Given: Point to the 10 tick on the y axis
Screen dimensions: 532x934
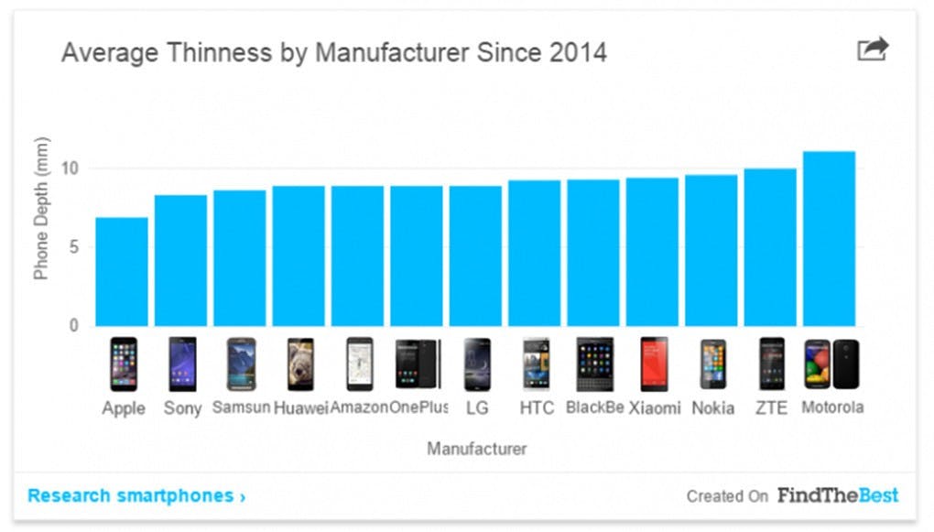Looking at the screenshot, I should pos(71,168).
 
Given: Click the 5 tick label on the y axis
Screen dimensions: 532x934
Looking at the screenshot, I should pos(74,247).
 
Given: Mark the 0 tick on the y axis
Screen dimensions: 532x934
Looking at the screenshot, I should pos(74,325).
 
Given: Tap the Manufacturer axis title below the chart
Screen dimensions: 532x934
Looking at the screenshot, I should pos(476,449).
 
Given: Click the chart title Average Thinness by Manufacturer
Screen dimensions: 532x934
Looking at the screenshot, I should pos(333,52).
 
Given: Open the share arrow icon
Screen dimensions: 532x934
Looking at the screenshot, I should pos(873,49).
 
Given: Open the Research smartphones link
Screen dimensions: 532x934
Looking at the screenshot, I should pos(136,496).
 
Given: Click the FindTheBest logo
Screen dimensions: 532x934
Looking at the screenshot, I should pos(838,495).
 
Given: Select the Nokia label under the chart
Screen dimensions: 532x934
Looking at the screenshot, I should pos(712,408).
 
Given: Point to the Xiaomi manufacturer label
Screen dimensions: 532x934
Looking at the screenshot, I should pos(654,408).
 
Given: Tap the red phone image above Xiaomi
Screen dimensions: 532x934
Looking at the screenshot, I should pos(654,364).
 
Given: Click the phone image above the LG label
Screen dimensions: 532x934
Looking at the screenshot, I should pos(477,364).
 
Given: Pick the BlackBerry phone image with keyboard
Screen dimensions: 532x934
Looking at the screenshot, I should pos(594,364).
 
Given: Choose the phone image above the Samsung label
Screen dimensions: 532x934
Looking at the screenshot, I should pos(241,364).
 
